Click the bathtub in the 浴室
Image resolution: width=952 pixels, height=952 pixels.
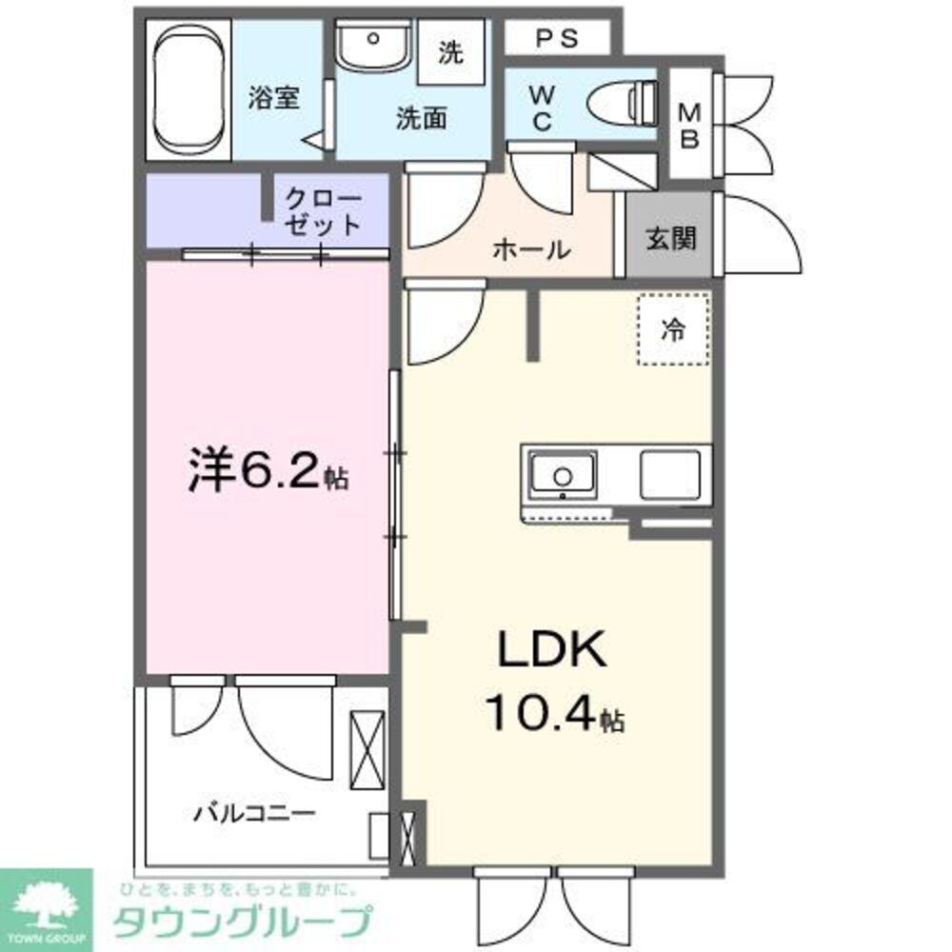188,91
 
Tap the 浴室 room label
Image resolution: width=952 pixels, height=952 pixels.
275,98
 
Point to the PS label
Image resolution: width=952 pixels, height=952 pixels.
557,38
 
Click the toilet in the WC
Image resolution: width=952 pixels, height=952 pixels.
624,99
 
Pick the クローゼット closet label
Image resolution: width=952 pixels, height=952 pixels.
325,212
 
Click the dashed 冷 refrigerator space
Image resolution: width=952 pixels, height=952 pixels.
673,329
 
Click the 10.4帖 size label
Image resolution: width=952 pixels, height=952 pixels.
554,714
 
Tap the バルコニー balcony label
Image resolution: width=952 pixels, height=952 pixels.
254,815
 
